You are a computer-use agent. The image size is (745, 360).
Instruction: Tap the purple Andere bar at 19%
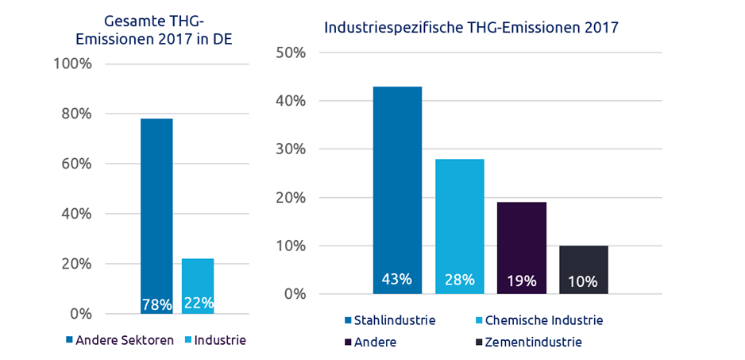click(x=522, y=238)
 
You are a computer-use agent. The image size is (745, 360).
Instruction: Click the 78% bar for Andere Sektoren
click(x=156, y=207)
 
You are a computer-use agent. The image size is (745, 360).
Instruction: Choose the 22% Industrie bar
click(x=198, y=278)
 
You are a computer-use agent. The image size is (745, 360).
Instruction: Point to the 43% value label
click(x=396, y=280)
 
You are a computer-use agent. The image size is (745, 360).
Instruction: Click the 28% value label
click(x=459, y=280)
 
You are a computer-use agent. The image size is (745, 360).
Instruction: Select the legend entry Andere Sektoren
click(x=120, y=340)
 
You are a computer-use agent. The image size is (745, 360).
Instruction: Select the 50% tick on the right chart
click(x=290, y=52)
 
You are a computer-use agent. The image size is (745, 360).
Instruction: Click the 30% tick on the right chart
click(x=290, y=149)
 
